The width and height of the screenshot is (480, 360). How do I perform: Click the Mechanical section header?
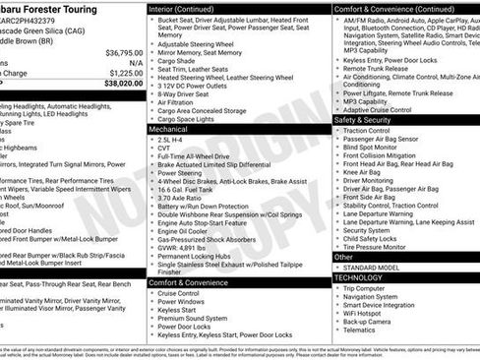[173, 129]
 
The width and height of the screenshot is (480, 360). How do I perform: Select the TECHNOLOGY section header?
[367, 278]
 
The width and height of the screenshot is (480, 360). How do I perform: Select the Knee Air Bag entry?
[368, 171]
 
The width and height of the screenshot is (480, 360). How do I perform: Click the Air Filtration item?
[178, 100]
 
